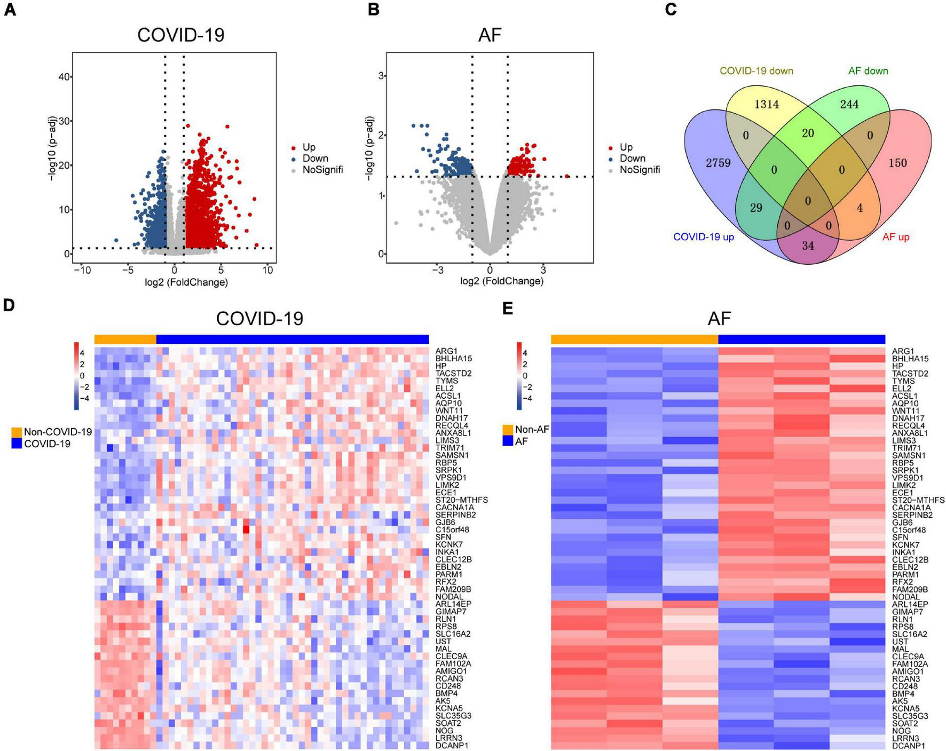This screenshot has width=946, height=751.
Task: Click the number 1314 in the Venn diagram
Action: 766,105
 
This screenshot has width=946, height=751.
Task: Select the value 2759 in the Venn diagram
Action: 718,163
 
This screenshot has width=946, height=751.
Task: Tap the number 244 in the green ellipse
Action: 849,105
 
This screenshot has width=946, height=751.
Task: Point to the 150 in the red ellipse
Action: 897,163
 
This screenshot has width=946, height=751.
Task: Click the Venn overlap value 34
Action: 808,246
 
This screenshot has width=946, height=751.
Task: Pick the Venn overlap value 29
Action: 756,208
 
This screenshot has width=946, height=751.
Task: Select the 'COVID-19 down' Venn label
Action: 756,71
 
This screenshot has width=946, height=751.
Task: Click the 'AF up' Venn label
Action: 895,237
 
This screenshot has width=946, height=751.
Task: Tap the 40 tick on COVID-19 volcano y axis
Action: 64,77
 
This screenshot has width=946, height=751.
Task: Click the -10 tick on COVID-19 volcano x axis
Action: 82,270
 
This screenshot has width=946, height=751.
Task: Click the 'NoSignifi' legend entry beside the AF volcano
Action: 640,170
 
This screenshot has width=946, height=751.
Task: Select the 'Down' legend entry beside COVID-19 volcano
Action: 315,159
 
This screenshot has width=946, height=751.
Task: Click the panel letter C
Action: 671,10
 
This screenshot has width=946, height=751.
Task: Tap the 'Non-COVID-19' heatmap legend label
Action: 58,432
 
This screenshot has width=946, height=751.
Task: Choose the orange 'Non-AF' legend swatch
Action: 508,429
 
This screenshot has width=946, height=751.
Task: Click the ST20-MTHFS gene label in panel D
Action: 461,500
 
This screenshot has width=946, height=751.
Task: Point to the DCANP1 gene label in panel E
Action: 908,746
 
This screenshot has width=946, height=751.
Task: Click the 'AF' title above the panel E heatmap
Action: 719,319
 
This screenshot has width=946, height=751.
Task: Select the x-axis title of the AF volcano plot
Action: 501,281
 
